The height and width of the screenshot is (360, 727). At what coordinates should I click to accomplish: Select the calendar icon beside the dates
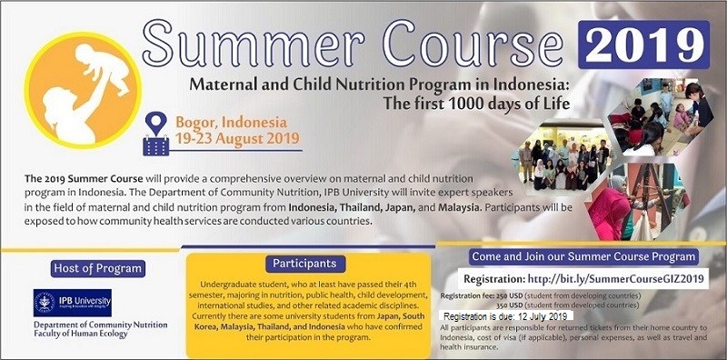(x=156, y=144)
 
